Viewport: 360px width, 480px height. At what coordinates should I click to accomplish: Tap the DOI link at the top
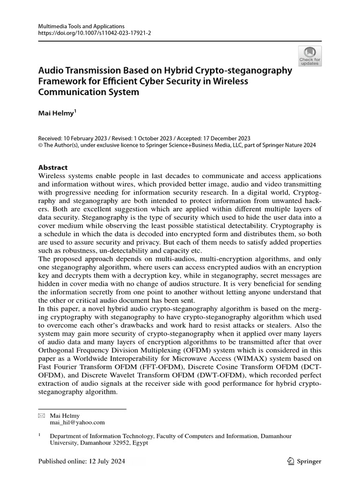click(x=88, y=34)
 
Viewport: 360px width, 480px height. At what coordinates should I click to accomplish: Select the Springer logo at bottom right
click(x=304, y=461)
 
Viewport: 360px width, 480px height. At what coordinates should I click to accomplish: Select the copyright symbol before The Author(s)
click(x=39, y=146)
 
